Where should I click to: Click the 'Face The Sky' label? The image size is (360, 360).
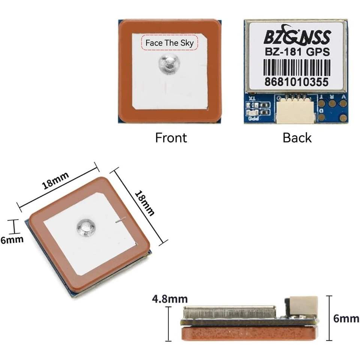click(169, 43)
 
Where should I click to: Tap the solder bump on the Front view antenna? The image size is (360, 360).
click(168, 62)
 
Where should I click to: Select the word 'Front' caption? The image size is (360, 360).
click(171, 138)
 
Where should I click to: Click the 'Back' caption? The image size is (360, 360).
click(297, 138)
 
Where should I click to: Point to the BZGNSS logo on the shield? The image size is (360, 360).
click(297, 37)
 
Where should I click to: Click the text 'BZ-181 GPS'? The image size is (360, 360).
click(297, 52)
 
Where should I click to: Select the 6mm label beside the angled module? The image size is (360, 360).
click(11, 240)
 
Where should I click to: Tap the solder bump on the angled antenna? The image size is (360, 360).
click(86, 227)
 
